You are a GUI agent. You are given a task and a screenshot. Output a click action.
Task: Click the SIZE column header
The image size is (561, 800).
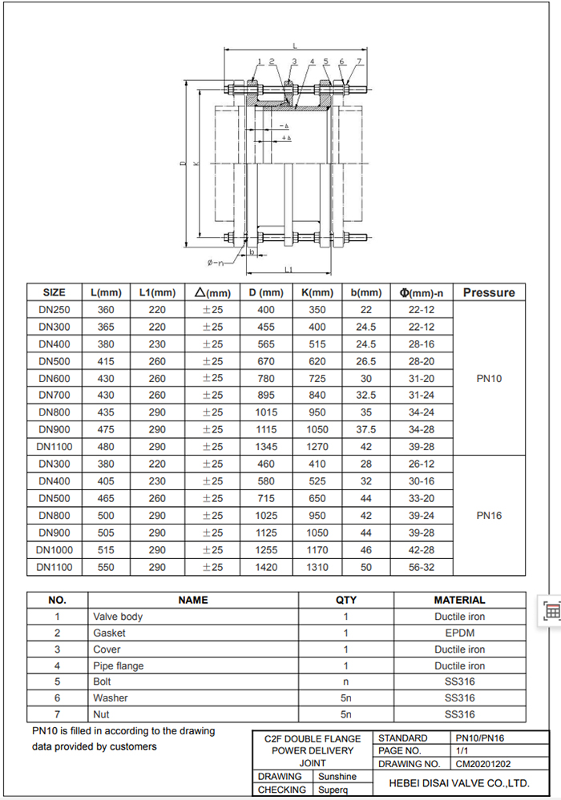[x=54, y=292]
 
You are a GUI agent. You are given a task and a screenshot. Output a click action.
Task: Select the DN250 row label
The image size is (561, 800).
[x=54, y=310]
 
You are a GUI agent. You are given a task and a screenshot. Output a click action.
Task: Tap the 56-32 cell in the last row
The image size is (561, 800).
[x=421, y=567]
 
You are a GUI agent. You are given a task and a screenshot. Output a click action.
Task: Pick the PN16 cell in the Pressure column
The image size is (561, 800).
[x=489, y=516]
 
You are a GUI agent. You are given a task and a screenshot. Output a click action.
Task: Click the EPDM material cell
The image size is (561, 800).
[x=459, y=633]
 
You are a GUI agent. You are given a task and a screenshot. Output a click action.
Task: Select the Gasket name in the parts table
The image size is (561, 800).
[x=109, y=633]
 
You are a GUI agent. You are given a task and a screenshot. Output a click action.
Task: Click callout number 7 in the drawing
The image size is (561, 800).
[x=358, y=61]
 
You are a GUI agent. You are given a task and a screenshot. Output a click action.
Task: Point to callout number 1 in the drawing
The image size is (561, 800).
[x=260, y=61]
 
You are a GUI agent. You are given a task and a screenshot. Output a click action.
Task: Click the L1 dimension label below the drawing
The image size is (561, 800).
[x=289, y=270]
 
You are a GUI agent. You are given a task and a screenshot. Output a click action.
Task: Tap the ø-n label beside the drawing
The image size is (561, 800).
[x=215, y=262]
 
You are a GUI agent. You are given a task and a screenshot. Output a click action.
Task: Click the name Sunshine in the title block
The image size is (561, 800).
[x=337, y=777]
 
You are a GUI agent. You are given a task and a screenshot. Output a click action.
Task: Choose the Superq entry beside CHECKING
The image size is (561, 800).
[x=332, y=790]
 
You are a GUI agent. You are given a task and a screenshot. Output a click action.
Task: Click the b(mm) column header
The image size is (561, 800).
[x=366, y=292]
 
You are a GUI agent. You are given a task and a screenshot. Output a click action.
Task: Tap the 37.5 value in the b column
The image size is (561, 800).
[x=366, y=430]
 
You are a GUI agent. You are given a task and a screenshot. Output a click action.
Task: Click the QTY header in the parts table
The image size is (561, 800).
[x=345, y=600]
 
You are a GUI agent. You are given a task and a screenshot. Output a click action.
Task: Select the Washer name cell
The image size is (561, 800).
[x=111, y=698]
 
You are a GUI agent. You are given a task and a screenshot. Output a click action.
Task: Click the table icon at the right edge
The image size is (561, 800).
[x=551, y=611]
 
